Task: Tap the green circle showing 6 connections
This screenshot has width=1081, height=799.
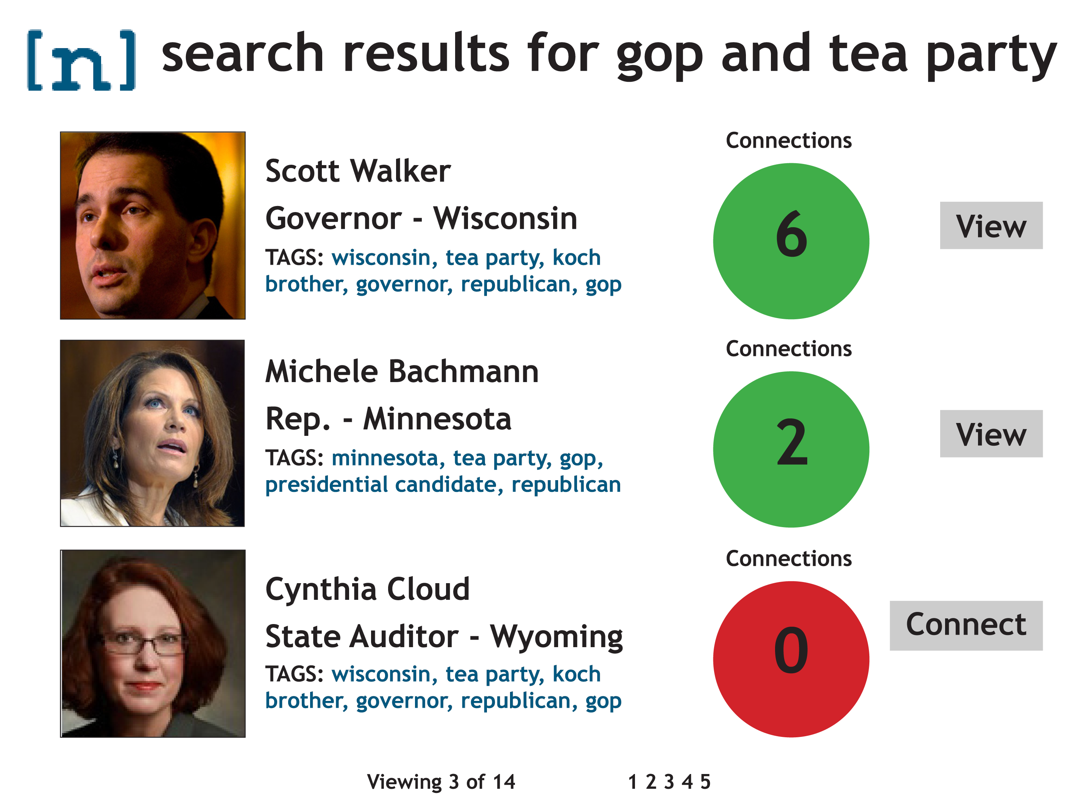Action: coord(791,241)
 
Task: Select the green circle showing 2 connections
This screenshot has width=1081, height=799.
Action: coord(791,449)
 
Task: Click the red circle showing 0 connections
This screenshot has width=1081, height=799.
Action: coord(791,659)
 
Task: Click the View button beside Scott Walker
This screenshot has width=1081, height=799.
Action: coord(991,225)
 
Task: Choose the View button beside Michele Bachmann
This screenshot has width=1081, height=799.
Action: coord(991,434)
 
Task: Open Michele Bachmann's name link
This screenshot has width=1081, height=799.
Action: coord(402,371)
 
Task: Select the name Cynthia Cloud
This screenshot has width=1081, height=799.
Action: coord(368,589)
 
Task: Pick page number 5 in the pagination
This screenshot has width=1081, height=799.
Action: coord(705,782)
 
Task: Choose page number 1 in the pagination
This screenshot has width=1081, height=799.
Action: coord(632,782)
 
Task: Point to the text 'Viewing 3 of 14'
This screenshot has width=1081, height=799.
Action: coord(441,782)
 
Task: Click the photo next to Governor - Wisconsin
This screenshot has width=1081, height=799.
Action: coord(153,225)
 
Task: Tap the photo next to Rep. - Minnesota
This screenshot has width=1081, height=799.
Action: coord(152,433)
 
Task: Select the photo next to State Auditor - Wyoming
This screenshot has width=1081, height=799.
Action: coord(153,644)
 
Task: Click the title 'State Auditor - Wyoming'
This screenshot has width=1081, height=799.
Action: coord(444,637)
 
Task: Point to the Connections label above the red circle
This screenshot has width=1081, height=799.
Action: coord(788,559)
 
